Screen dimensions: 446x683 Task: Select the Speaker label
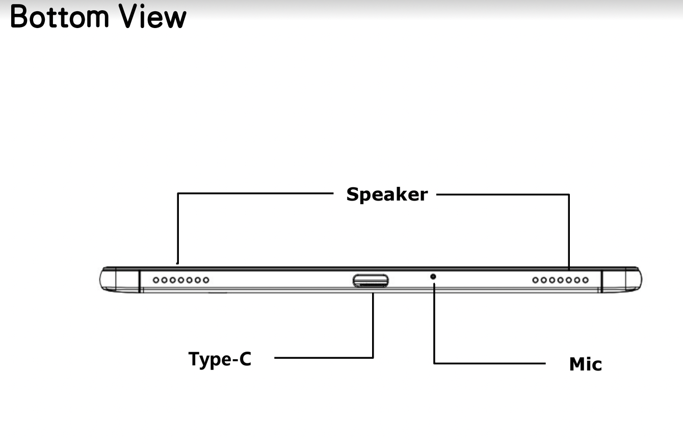tap(387, 194)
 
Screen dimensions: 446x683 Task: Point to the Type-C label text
tap(220, 359)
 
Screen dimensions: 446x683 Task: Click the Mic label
tap(585, 364)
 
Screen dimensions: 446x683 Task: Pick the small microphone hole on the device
tap(433, 276)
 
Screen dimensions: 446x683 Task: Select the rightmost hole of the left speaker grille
tap(205, 280)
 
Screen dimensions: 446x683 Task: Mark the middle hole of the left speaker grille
tap(181, 280)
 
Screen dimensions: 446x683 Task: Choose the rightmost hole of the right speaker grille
tap(585, 280)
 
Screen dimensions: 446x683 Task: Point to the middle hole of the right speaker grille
tap(561, 280)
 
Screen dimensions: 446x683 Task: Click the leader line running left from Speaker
tap(255, 193)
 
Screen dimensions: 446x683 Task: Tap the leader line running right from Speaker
tap(502, 194)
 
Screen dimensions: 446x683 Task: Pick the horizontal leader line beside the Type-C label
tap(324, 358)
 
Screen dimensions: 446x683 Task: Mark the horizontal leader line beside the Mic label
tap(489, 363)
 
